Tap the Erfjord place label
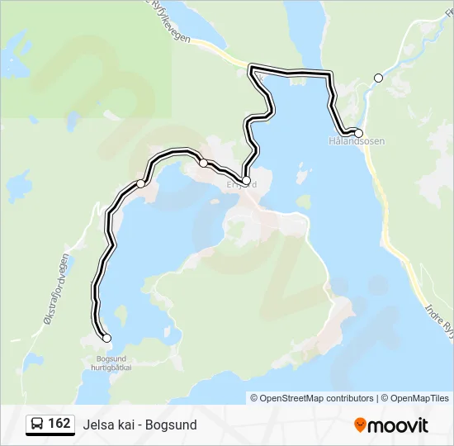242,185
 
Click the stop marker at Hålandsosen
358,133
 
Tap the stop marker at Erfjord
246,180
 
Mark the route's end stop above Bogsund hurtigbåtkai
106,338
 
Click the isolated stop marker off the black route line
379,78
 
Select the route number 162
59,424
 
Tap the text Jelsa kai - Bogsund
140,425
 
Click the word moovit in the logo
398,425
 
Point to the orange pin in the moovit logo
360,425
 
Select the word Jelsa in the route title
96,425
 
